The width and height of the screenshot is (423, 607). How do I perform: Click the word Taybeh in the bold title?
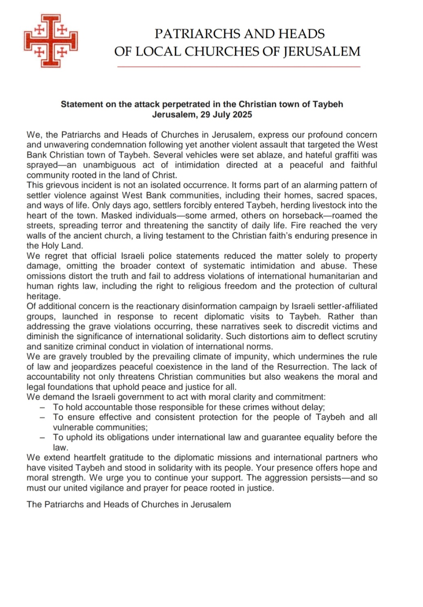coord(328,104)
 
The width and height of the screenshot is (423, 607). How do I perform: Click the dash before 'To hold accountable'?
coord(42,407)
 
